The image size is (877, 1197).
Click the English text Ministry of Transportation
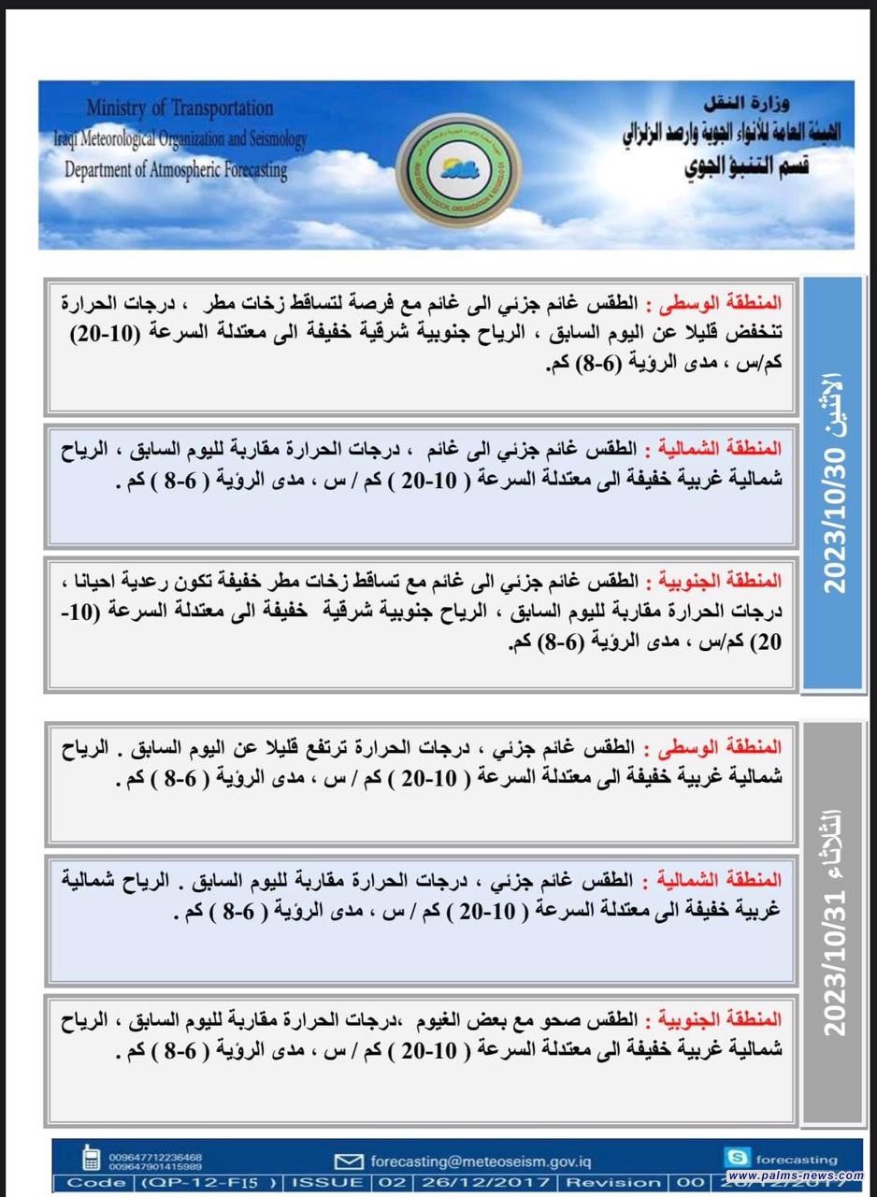180,108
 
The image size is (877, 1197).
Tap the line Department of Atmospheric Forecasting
176,170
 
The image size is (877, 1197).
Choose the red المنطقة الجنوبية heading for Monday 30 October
716,582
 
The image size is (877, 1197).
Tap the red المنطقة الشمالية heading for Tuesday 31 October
716,881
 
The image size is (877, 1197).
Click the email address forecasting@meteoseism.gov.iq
482,1161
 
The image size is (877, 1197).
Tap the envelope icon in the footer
349,1161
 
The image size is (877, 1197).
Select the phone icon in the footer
92,1159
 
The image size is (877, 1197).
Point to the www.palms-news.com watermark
795,1175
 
